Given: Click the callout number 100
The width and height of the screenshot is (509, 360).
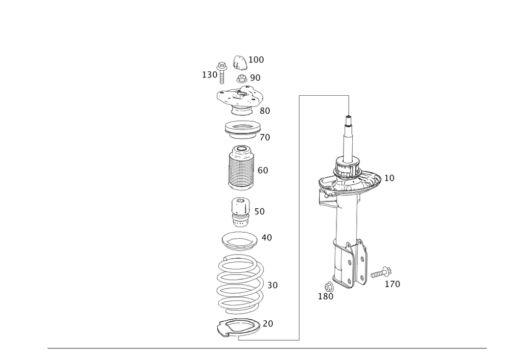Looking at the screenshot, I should click(x=256, y=60).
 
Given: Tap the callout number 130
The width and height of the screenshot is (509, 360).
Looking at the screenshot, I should click(x=210, y=75).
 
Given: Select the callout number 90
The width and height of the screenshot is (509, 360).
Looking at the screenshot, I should click(x=255, y=77).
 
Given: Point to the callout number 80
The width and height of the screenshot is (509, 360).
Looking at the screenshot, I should click(x=265, y=110).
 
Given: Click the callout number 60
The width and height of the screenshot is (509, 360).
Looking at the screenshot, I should click(x=263, y=170).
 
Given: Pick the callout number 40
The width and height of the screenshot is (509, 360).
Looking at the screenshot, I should click(x=267, y=237).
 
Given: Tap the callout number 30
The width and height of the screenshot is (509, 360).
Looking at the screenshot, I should click(x=272, y=285).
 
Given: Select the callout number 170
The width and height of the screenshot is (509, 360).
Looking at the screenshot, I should click(x=393, y=284).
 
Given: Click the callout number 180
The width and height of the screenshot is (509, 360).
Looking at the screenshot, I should click(x=326, y=296).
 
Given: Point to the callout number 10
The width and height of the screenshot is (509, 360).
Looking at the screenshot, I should click(x=389, y=178).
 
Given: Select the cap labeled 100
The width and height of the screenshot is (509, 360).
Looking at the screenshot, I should click(x=239, y=62).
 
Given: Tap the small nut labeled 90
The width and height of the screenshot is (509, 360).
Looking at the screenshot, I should click(x=242, y=78).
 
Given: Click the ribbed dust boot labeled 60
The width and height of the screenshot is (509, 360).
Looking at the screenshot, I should click(x=240, y=169).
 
